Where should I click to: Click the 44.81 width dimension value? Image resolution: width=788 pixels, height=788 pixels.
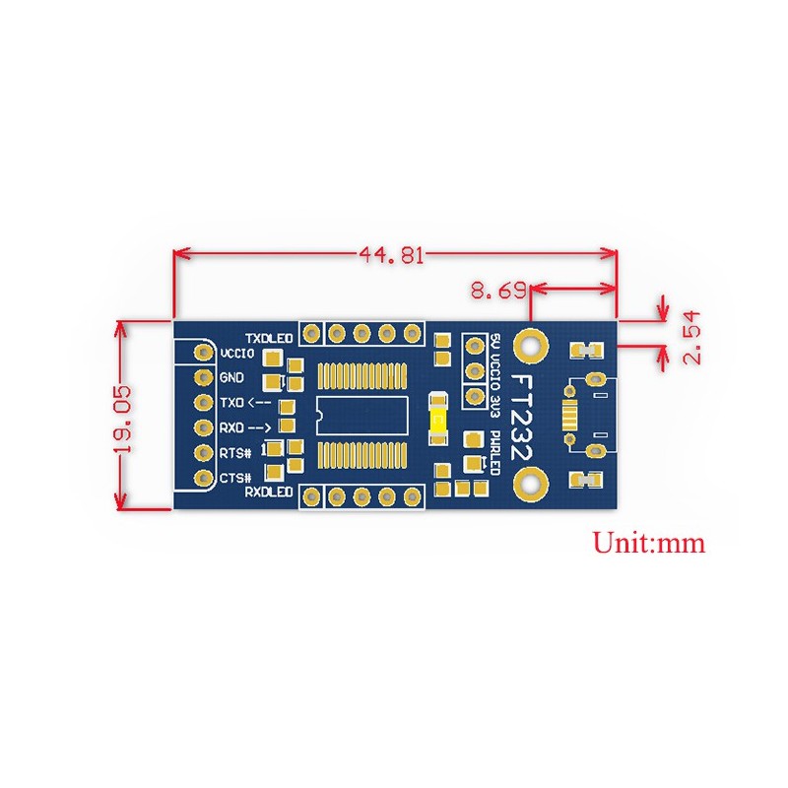pyautogui.click(x=391, y=255)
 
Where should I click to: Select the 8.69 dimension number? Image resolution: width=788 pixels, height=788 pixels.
pyautogui.click(x=497, y=291)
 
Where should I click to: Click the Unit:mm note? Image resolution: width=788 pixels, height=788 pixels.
pyautogui.click(x=648, y=542)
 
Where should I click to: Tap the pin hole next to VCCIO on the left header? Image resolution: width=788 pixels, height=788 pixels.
pyautogui.click(x=204, y=353)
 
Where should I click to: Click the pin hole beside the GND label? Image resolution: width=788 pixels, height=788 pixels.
pyautogui.click(x=204, y=377)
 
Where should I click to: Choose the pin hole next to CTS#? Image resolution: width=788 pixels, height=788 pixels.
pyautogui.click(x=204, y=479)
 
